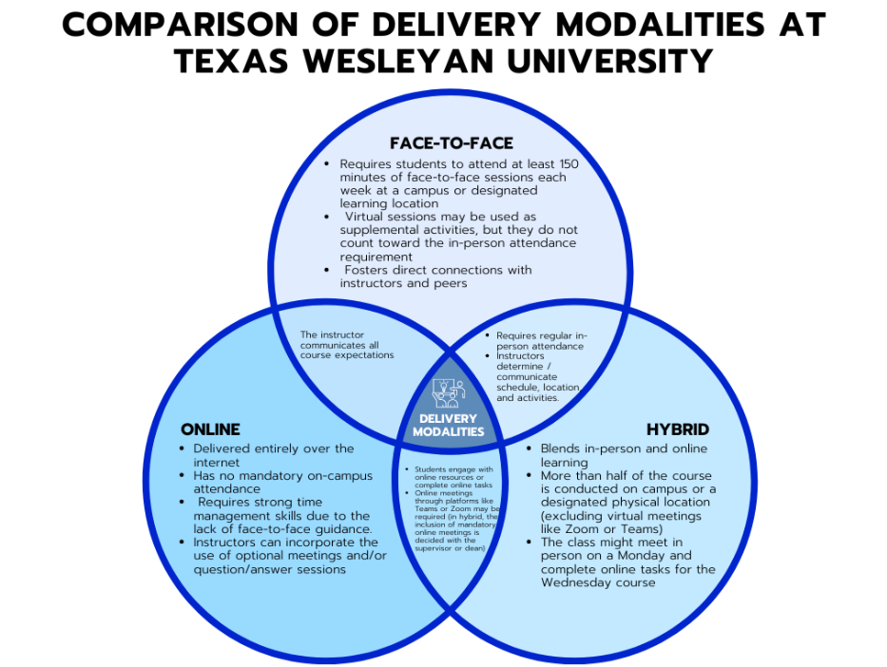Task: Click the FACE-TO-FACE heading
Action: pos(452,143)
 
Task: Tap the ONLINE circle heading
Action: pos(210,429)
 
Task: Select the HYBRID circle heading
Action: pos(678,429)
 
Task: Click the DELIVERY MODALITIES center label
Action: pos(448,425)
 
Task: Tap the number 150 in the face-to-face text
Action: pos(563,164)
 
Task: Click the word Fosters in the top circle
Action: pos(371,270)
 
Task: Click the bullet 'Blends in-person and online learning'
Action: pos(624,455)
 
